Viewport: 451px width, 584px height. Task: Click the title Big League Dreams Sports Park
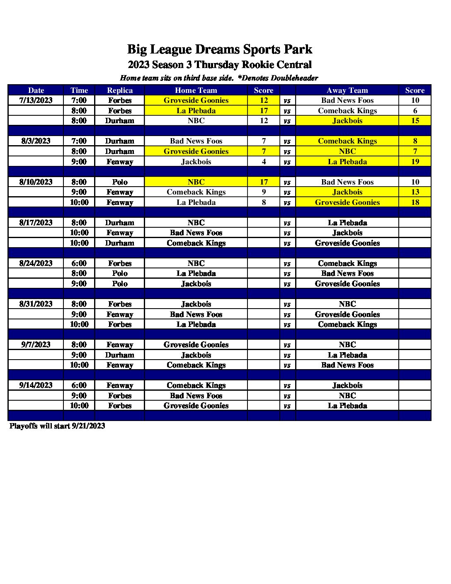click(x=219, y=49)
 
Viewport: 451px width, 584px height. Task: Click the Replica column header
click(x=120, y=90)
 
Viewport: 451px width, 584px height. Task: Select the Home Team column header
click(x=196, y=90)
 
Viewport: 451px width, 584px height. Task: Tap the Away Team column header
click(x=347, y=90)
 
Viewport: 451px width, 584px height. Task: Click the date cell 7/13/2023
click(x=36, y=100)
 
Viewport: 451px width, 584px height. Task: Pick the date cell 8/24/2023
click(x=36, y=263)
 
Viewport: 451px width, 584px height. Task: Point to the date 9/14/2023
click(x=36, y=385)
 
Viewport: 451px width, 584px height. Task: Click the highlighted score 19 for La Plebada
click(x=415, y=162)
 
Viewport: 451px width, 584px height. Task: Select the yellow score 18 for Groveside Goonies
click(x=415, y=202)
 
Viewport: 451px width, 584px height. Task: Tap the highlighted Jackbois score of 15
click(x=415, y=121)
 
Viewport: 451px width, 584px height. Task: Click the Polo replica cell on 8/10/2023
click(x=120, y=182)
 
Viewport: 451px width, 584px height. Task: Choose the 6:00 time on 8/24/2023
click(x=79, y=263)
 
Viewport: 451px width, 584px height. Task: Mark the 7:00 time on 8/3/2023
click(x=79, y=141)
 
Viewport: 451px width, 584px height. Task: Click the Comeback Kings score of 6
click(x=415, y=111)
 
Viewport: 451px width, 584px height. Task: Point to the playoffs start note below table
click(x=57, y=426)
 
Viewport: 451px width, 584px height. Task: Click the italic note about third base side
click(x=219, y=78)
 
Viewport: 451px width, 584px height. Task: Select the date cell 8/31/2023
click(x=36, y=304)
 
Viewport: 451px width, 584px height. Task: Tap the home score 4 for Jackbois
click(x=264, y=162)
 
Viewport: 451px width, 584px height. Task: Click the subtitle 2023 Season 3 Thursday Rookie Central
click(x=220, y=65)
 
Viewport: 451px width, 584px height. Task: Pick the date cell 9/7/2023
click(x=36, y=345)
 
